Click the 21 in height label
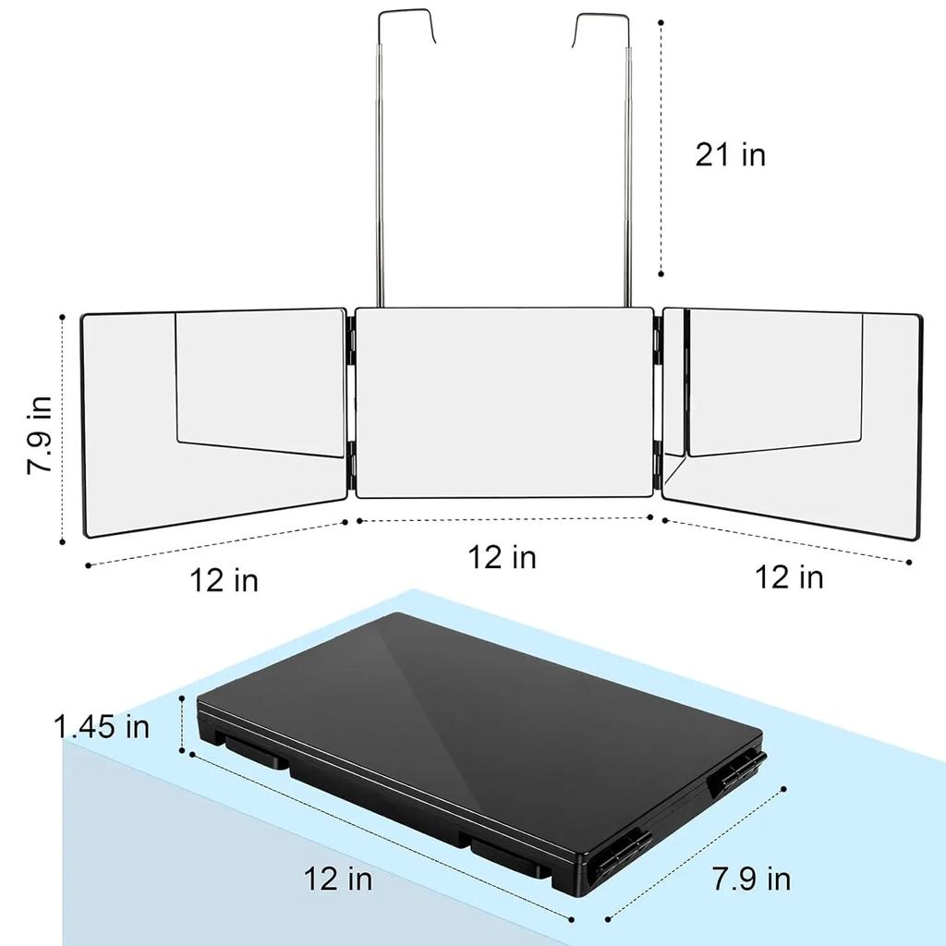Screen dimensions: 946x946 click(730, 154)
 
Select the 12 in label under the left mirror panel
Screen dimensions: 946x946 click(224, 580)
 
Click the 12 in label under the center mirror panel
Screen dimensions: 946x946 click(502, 557)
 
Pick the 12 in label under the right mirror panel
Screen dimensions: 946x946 click(789, 577)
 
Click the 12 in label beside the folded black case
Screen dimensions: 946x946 click(338, 879)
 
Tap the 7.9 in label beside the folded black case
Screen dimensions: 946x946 click(751, 879)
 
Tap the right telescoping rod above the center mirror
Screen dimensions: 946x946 click(632, 185)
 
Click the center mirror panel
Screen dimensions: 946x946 click(503, 402)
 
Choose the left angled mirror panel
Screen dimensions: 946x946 click(212, 420)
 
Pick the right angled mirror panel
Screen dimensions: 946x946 click(794, 420)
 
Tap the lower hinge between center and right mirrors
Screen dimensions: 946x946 click(657, 462)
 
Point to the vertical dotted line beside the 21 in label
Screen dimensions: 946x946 click(661, 148)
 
